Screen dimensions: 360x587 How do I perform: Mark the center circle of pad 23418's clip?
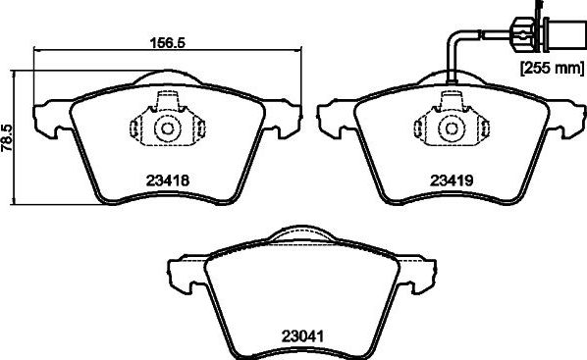click(166, 129)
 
